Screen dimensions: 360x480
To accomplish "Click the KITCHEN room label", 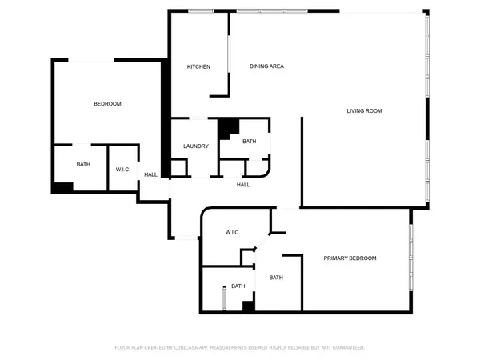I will (x=198, y=66).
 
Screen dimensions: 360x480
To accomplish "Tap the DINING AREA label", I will (x=266, y=66).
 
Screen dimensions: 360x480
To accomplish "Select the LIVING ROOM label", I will (x=364, y=110).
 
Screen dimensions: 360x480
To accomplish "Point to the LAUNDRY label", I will (x=196, y=146).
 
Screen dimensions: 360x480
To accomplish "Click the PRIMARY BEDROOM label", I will (x=350, y=258).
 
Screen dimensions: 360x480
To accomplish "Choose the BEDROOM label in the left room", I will (x=107, y=104).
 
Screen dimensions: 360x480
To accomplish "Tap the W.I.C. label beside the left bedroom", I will (x=123, y=169).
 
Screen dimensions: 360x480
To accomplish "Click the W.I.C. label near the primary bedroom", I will (x=233, y=232).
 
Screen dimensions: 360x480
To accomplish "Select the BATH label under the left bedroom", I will (x=83, y=165).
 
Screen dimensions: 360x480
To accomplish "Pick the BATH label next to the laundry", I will (x=249, y=142).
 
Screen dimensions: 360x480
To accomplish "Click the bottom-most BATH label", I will (x=238, y=286).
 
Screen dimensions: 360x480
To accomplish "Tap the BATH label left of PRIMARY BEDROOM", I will (x=276, y=278).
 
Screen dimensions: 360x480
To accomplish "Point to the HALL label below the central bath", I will (x=243, y=185).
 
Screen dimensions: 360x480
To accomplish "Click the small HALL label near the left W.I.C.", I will (x=150, y=174).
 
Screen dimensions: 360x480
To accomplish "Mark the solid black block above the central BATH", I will (x=229, y=127).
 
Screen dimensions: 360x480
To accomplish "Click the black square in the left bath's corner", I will (x=62, y=187).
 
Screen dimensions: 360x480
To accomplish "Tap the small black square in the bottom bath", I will (x=248, y=305).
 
